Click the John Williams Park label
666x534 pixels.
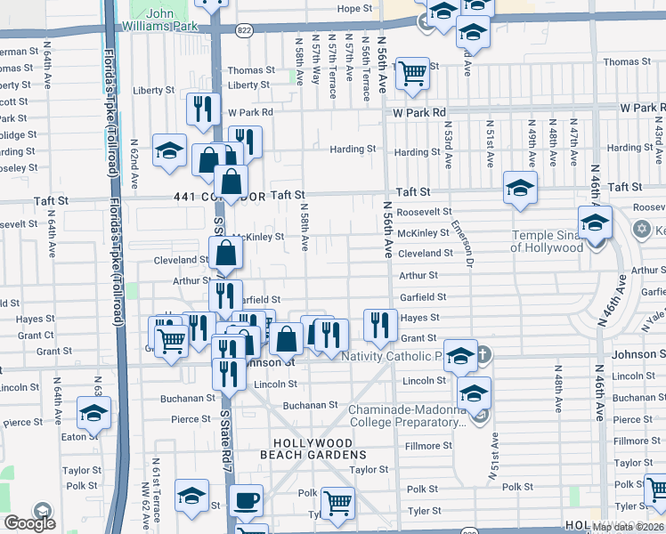(159, 20)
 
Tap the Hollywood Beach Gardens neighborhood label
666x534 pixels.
(313, 449)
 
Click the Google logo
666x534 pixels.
(28, 522)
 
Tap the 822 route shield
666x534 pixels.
(243, 30)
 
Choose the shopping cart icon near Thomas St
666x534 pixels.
(412, 73)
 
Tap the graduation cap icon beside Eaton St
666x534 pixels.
(93, 413)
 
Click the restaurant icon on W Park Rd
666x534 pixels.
(203, 109)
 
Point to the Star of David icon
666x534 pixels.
(638, 230)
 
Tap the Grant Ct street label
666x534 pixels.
(37, 336)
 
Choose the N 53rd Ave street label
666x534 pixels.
(448, 148)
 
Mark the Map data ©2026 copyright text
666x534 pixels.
(628, 527)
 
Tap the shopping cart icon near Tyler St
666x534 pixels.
(337, 503)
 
